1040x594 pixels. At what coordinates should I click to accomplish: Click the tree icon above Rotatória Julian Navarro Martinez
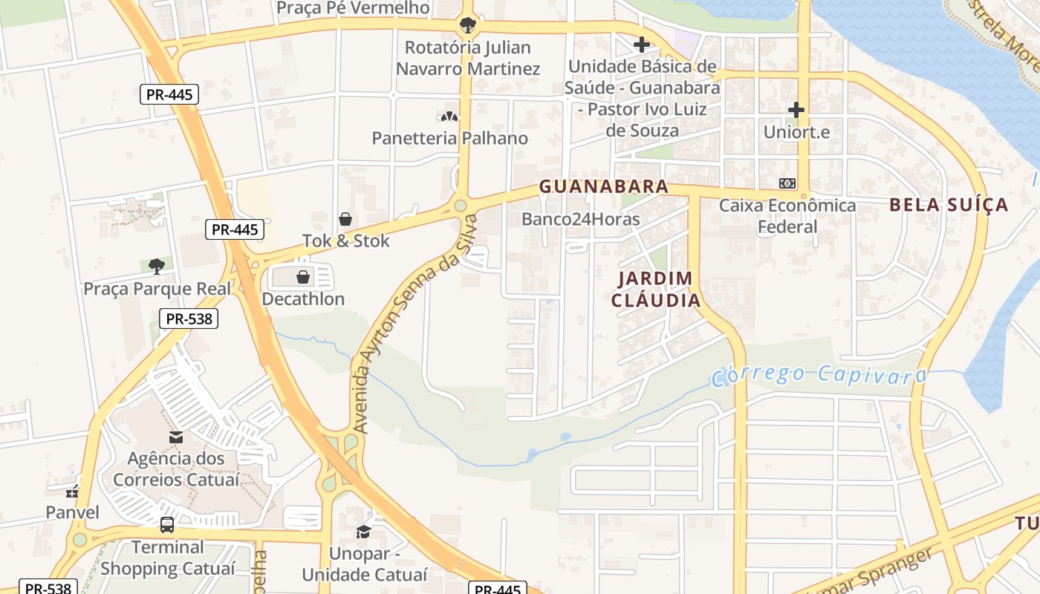pyautogui.click(x=467, y=26)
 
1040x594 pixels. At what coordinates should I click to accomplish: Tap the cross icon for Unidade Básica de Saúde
pyautogui.click(x=642, y=45)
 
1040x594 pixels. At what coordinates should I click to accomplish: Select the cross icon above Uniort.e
pyautogui.click(x=796, y=111)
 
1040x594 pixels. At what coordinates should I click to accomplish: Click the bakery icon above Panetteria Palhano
pyautogui.click(x=449, y=117)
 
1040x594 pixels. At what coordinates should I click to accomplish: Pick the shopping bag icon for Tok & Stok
pyautogui.click(x=345, y=219)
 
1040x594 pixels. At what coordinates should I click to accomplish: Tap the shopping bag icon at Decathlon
pyautogui.click(x=303, y=277)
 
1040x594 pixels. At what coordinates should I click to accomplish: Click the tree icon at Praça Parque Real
pyautogui.click(x=156, y=266)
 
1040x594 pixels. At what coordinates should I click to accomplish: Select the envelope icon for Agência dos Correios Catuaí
pyautogui.click(x=176, y=437)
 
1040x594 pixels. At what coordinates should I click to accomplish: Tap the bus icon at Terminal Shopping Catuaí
pyautogui.click(x=167, y=525)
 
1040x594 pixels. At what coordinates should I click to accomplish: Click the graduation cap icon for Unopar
pyautogui.click(x=363, y=532)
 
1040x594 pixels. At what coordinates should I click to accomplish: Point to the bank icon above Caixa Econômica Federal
pyautogui.click(x=787, y=183)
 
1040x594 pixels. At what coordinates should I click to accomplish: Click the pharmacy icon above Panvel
pyautogui.click(x=72, y=491)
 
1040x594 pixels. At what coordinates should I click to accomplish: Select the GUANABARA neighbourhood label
pyautogui.click(x=604, y=186)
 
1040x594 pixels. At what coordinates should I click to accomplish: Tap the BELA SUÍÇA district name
pyautogui.click(x=949, y=205)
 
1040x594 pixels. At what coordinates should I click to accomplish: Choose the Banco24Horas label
pyautogui.click(x=580, y=219)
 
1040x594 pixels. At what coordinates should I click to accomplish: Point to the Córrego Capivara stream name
pyautogui.click(x=819, y=375)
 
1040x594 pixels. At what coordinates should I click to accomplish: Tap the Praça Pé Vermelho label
pyautogui.click(x=353, y=8)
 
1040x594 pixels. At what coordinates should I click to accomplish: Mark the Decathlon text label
pyautogui.click(x=303, y=299)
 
